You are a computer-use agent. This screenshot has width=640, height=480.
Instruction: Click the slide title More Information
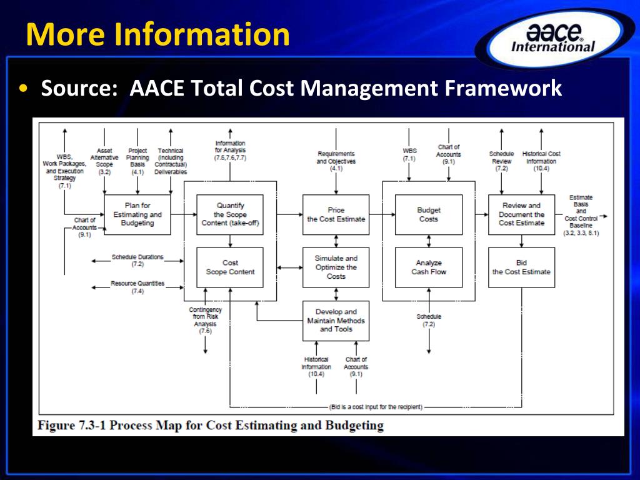pyautogui.click(x=158, y=35)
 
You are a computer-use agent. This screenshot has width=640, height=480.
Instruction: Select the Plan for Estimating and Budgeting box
pyautogui.click(x=137, y=214)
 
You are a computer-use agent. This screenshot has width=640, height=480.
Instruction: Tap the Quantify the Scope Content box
pyautogui.click(x=230, y=214)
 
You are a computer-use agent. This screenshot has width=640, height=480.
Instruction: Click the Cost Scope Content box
pyautogui.click(x=230, y=267)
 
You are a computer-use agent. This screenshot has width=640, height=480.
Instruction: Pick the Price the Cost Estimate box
pyautogui.click(x=336, y=214)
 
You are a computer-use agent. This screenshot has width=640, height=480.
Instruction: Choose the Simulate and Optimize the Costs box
pyautogui.click(x=336, y=267)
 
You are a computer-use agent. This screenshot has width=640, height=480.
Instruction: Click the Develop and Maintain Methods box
pyautogui.click(x=336, y=321)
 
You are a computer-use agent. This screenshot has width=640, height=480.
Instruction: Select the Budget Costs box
pyautogui.click(x=429, y=214)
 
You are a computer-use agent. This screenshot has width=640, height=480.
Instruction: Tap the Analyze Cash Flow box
pyautogui.click(x=429, y=267)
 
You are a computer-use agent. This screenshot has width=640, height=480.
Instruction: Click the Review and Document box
pyautogui.click(x=521, y=214)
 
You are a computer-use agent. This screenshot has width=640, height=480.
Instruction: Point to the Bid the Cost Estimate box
pyautogui.click(x=521, y=267)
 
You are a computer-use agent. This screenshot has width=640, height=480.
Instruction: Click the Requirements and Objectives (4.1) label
pyautogui.click(x=336, y=161)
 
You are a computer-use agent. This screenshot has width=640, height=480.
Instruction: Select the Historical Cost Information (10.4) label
pyautogui.click(x=541, y=161)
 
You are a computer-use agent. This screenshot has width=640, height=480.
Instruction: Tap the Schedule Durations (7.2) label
pyautogui.click(x=137, y=261)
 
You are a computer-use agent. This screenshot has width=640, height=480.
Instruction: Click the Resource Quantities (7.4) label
pyautogui.click(x=137, y=287)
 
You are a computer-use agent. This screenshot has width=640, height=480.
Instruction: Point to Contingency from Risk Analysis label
pyautogui.click(x=206, y=320)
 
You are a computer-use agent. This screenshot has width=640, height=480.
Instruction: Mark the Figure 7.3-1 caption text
pyautogui.click(x=211, y=426)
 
